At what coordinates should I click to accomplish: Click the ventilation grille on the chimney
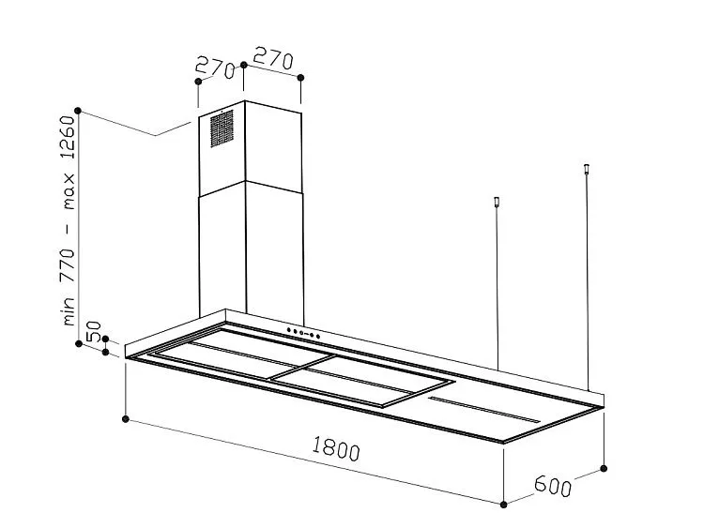(x=222, y=128)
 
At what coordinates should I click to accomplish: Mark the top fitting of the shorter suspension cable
(x=497, y=202)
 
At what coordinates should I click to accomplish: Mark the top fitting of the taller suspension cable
(x=587, y=170)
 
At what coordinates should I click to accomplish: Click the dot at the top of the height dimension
(x=80, y=111)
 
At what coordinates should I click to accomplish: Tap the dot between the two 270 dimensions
(x=244, y=65)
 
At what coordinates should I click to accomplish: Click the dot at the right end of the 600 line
(x=605, y=466)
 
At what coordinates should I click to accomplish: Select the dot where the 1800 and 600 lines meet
(x=505, y=501)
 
